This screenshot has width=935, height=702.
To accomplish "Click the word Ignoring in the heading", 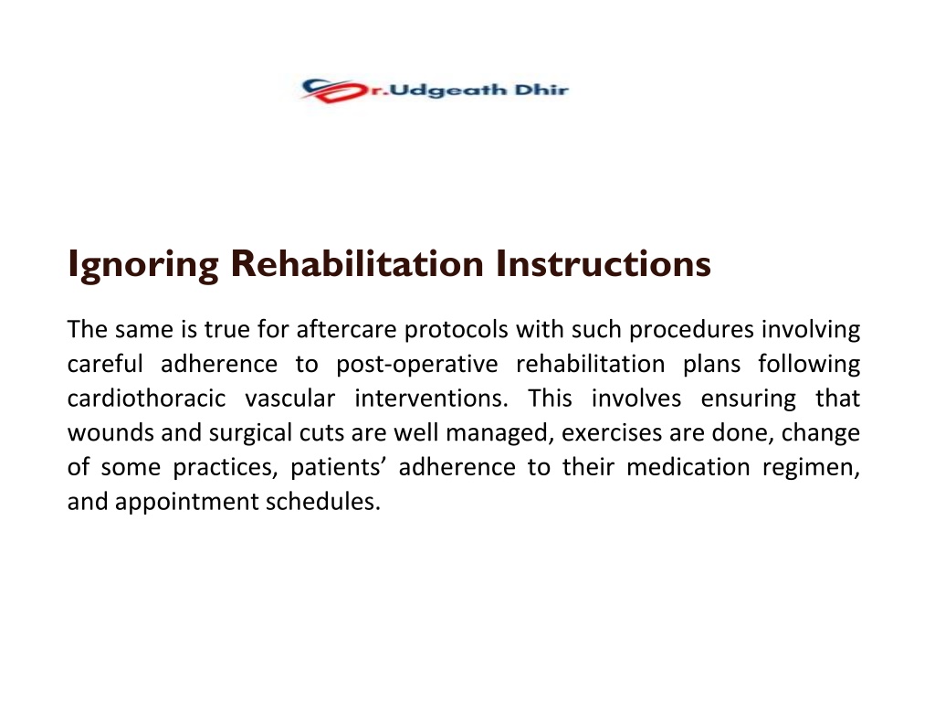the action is click(x=143, y=264).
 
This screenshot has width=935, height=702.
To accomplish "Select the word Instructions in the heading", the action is click(x=603, y=263).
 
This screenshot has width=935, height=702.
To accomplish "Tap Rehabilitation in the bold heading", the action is click(x=357, y=263).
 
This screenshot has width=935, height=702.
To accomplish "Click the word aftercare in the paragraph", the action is click(x=346, y=329).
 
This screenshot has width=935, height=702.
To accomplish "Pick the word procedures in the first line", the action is click(x=691, y=330).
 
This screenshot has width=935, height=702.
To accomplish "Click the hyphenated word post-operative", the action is click(x=416, y=365).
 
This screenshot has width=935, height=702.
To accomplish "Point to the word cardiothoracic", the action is click(x=146, y=399).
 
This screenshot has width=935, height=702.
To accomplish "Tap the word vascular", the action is click(x=289, y=399).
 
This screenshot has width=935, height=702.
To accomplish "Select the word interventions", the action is click(x=431, y=399).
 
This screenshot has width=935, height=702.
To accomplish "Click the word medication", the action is click(x=688, y=467).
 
